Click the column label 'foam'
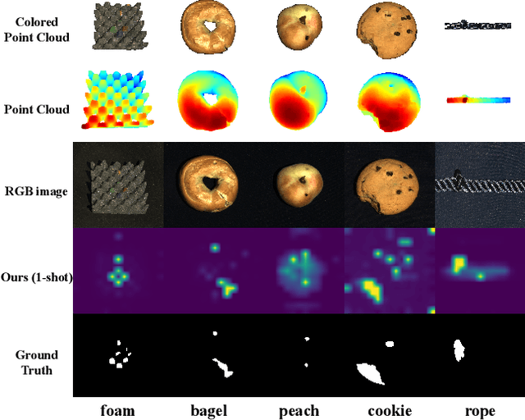tap(118, 410)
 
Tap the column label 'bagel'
tap(208, 410)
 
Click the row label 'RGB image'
tap(37, 192)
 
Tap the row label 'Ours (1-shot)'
tap(37, 277)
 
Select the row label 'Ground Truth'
tap(37, 363)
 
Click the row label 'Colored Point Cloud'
tap(37, 29)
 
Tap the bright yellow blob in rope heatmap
tap(458, 264)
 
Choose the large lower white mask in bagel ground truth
tap(221, 366)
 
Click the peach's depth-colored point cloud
tap(299, 101)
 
